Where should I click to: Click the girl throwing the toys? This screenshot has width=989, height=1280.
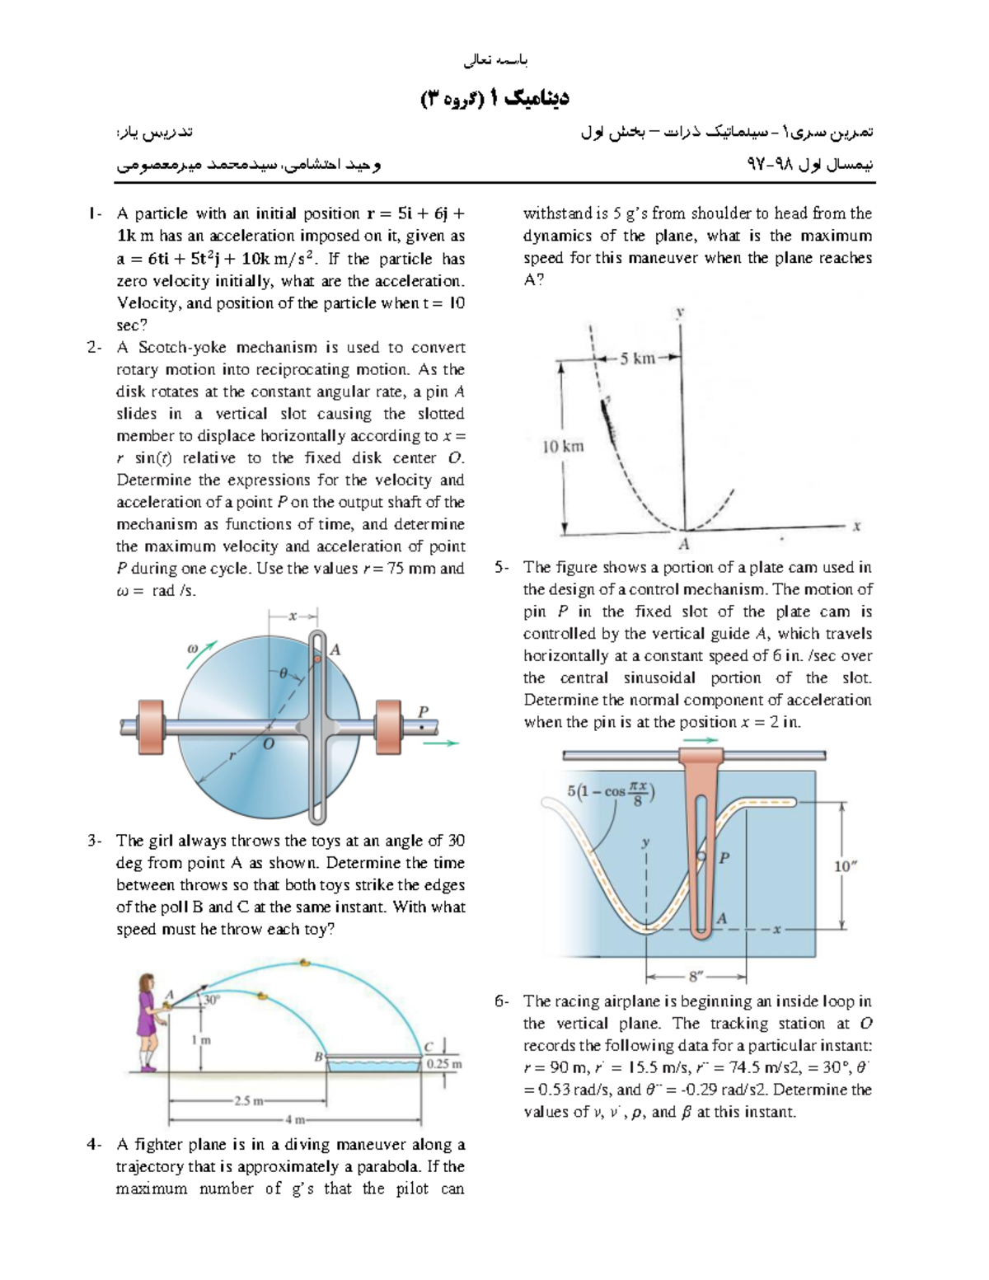[148, 1022]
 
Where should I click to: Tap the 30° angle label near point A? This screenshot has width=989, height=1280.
[213, 1000]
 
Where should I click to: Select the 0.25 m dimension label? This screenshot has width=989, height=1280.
[444, 1064]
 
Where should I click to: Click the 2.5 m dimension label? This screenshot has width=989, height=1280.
[248, 1100]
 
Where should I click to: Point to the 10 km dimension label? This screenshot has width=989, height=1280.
[563, 447]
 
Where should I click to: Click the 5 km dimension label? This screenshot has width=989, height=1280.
[638, 359]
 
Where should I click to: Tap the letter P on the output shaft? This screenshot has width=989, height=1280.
[424, 711]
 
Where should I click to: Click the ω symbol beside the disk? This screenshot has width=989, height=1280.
[193, 649]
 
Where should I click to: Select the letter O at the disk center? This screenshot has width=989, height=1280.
[269, 743]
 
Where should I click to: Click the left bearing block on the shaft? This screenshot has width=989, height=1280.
[151, 726]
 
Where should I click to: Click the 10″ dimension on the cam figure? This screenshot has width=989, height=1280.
[846, 866]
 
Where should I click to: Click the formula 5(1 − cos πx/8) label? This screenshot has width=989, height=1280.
[611, 792]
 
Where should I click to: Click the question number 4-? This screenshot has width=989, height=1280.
[94, 1145]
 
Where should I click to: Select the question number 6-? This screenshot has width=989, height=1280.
[501, 1001]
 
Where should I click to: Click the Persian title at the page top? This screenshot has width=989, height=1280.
[494, 98]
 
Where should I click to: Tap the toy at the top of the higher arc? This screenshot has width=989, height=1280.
[305, 962]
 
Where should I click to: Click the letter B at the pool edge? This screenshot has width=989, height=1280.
[319, 1057]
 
